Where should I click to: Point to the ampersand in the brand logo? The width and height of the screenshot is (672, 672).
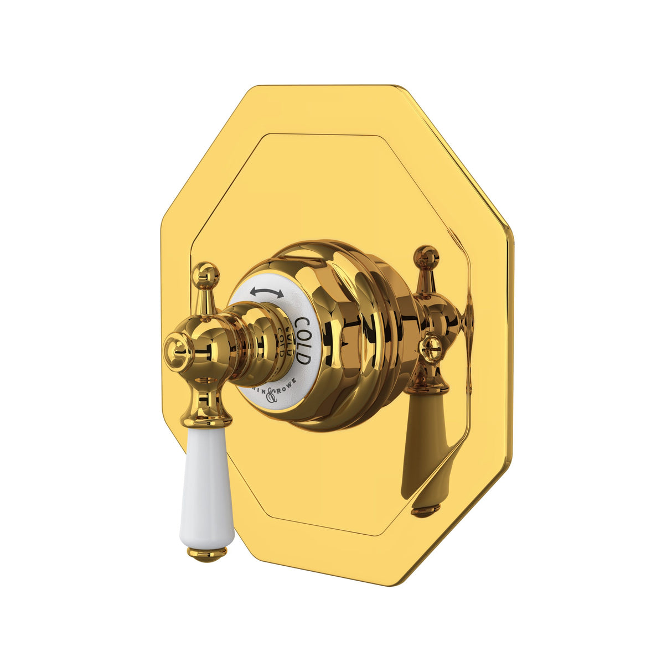point(271,395)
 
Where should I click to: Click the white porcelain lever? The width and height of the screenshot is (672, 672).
point(206,487)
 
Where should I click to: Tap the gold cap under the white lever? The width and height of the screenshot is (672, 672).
point(208,552)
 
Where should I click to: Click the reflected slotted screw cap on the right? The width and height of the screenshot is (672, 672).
point(431,349)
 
